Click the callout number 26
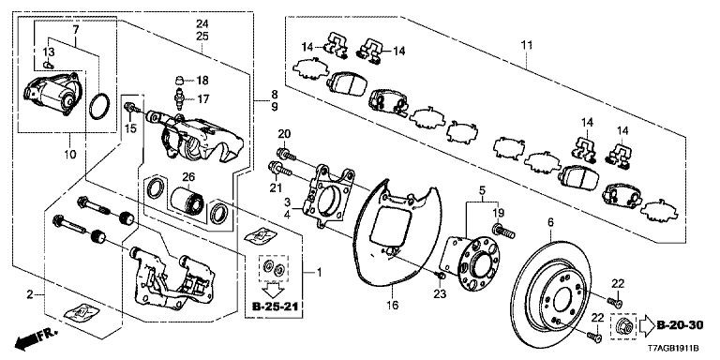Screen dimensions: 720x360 [189, 176]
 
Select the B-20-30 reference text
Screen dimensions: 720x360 [680, 325]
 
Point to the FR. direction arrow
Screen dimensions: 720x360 [36, 338]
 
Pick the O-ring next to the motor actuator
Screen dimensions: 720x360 [100, 107]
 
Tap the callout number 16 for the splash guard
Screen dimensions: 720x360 [393, 305]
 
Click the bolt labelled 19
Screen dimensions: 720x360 [502, 231]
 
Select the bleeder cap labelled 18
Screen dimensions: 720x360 [180, 82]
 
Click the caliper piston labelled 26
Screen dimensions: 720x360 [187, 201]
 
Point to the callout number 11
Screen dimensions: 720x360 [527, 45]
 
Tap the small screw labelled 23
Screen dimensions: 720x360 [441, 275]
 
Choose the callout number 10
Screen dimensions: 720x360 [70, 142]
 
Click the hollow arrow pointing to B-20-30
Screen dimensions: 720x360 [646, 325]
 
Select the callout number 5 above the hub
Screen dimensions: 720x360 [482, 189]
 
